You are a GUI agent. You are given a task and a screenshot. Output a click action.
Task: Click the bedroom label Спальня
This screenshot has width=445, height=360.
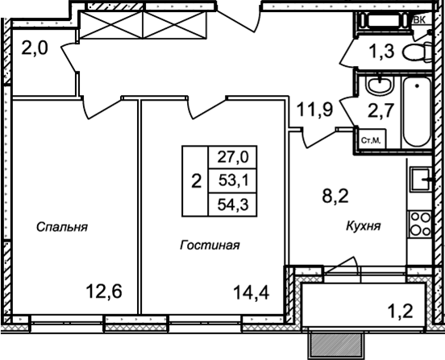point(61,227)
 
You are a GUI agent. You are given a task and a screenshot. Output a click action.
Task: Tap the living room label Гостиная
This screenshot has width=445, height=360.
point(210,244)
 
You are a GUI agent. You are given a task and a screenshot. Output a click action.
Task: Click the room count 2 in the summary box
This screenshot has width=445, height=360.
point(196,180)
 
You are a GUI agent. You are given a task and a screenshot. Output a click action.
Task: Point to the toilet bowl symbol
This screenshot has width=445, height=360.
point(418,53)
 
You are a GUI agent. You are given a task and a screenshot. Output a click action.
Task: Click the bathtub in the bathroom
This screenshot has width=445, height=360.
point(415,112)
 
